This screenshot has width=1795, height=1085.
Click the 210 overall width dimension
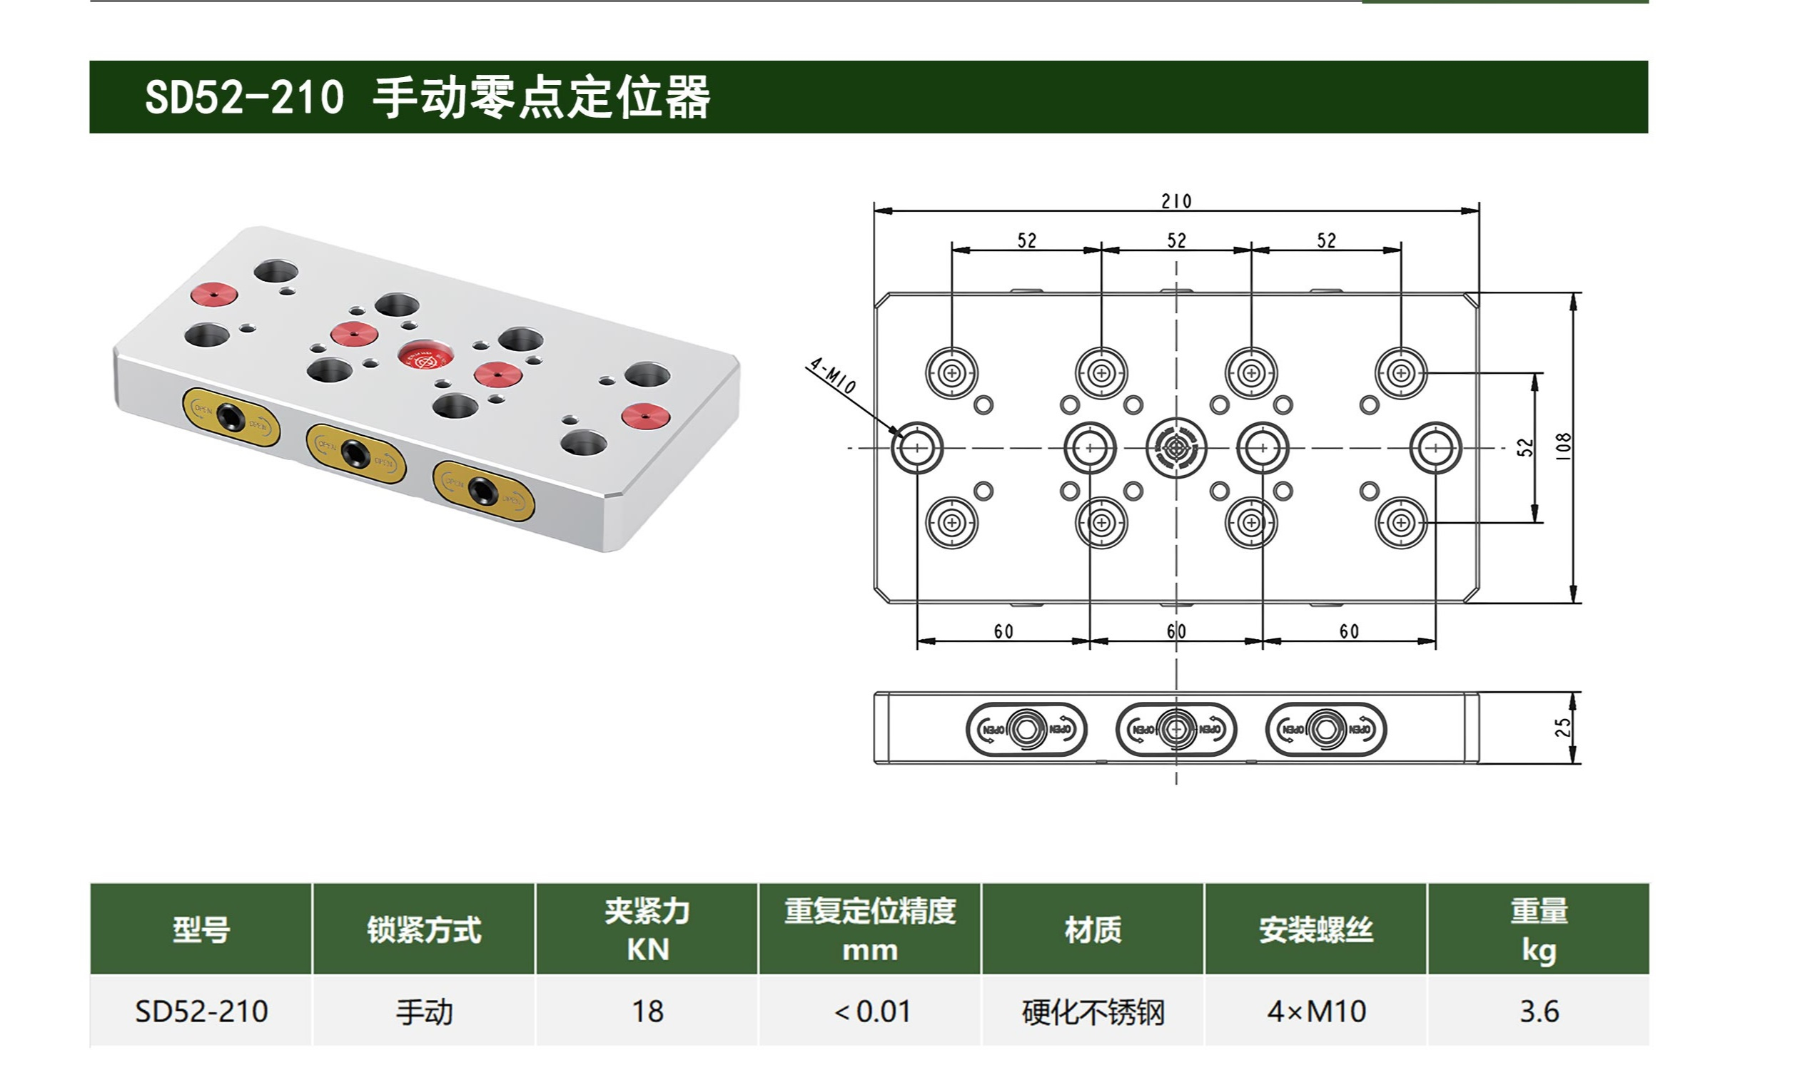(x=1175, y=201)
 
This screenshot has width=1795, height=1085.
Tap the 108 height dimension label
(x=1562, y=447)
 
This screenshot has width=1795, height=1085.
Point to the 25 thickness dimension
(x=1562, y=728)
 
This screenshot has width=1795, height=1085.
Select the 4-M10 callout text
(x=832, y=375)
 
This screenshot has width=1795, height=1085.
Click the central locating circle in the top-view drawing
(x=1175, y=448)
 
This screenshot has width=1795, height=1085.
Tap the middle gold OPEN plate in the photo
(x=355, y=453)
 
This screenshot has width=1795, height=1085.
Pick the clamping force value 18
(x=647, y=1012)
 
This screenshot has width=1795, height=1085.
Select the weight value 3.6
(x=1539, y=1012)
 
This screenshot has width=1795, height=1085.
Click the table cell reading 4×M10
(x=1315, y=1012)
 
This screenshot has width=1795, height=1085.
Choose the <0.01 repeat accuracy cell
(x=871, y=1012)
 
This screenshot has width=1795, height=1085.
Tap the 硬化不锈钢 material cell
(x=1093, y=1012)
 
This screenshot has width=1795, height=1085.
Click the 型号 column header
(x=201, y=929)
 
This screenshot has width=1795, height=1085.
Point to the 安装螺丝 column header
(x=1315, y=929)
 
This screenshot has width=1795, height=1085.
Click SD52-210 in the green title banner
(x=244, y=97)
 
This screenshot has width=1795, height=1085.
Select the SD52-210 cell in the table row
(x=201, y=1012)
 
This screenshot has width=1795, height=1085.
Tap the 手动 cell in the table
(x=424, y=1012)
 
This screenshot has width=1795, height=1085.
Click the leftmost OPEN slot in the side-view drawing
(x=1026, y=729)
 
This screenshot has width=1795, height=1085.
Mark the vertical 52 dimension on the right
(x=1525, y=447)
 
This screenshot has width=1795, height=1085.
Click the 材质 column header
(x=1093, y=929)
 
